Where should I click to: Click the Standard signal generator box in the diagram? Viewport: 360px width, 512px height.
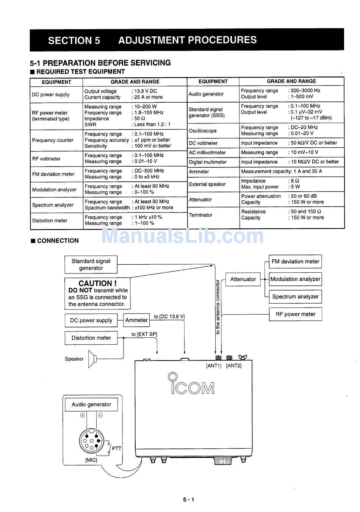91,264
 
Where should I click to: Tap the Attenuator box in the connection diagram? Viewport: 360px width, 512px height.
243,279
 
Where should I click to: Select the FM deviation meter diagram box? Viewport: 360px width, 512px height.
295,262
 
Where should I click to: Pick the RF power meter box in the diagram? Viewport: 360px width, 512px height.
295,314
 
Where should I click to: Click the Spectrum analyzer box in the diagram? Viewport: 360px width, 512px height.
295,297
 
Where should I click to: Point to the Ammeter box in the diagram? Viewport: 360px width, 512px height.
136,320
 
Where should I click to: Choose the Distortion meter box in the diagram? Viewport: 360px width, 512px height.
91,338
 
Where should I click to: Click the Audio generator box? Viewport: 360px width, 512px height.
91,404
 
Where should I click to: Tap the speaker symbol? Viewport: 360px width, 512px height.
92,359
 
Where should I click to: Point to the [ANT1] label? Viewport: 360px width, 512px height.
213,366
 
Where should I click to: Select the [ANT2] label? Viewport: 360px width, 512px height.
234,366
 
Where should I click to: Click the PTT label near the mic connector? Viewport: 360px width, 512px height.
116,449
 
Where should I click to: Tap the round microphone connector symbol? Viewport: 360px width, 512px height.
91,442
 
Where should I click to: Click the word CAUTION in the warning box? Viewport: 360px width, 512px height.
97,283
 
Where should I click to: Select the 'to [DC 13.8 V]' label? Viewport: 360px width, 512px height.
169,317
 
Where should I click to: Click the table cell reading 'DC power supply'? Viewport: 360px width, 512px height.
51,95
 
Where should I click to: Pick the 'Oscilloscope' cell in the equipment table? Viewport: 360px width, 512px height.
203,131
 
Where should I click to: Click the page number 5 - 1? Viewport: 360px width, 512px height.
188,500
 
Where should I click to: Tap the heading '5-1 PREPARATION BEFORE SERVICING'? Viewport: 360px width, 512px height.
100,63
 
